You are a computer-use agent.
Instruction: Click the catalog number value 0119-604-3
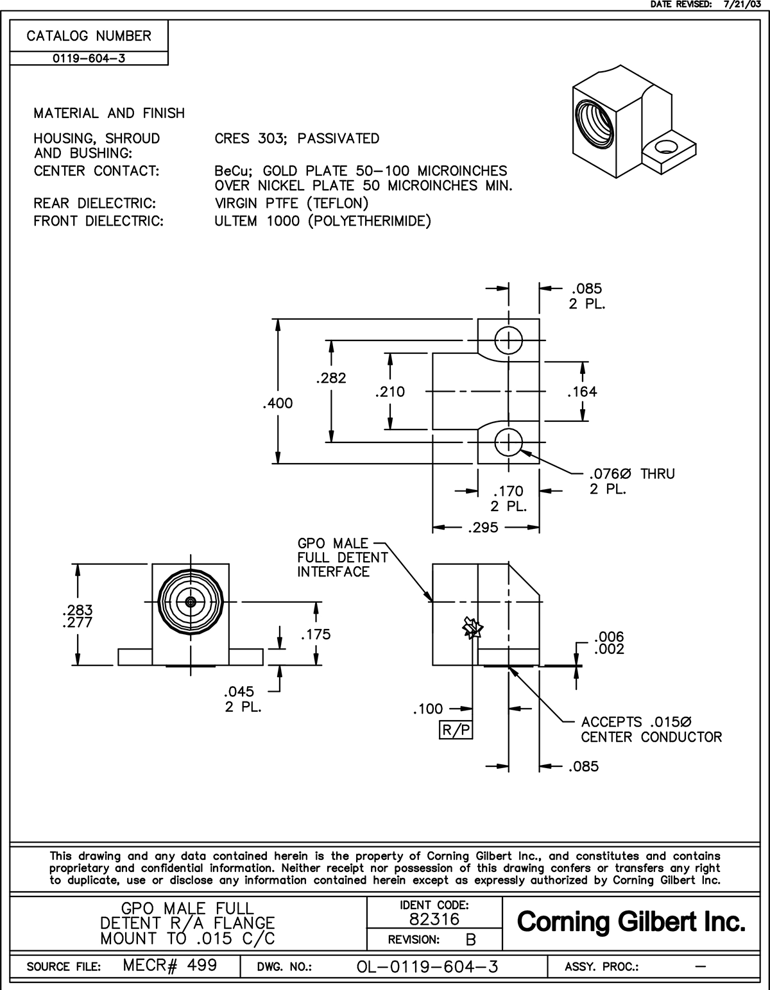(x=89, y=58)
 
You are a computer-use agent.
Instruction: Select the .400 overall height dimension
(x=277, y=403)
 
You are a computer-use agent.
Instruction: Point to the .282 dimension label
(x=331, y=378)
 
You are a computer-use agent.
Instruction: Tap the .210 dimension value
(x=390, y=391)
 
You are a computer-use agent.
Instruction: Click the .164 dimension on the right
(x=582, y=391)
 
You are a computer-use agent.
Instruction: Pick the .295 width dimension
(x=484, y=528)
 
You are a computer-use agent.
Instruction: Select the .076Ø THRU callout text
(x=631, y=474)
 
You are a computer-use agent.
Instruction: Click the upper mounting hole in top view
(x=508, y=340)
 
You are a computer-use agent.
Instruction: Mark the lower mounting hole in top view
(x=508, y=442)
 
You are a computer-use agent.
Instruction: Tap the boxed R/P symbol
(x=456, y=730)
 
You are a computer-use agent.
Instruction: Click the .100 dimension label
(x=428, y=709)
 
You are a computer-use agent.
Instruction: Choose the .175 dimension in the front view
(x=316, y=634)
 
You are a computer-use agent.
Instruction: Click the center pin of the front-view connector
(x=191, y=601)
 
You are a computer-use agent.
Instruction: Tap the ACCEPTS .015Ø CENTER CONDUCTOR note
(x=651, y=730)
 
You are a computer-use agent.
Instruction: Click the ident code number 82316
(x=434, y=919)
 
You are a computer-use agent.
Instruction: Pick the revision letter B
(x=471, y=940)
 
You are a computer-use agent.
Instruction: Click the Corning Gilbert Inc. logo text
(x=631, y=922)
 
